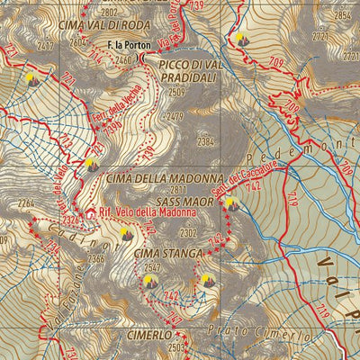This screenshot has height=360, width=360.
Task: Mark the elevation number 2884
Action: tap(343, 14)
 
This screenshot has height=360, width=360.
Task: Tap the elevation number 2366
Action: tap(96, 259)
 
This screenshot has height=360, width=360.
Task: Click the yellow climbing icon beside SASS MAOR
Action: tap(231, 203)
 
